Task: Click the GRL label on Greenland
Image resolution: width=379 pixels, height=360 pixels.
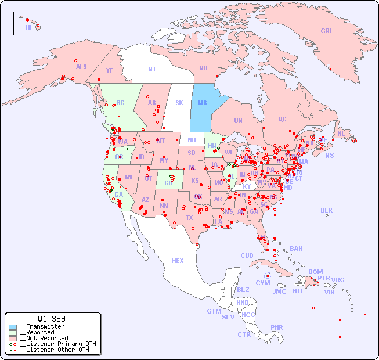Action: tap(327, 31)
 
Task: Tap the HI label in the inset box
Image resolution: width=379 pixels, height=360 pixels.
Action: tap(28, 27)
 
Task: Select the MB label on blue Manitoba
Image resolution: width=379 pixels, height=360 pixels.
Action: tap(203, 103)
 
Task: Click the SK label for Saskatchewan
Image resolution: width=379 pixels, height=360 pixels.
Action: tap(179, 103)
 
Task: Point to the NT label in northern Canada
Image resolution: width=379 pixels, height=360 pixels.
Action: tap(151, 69)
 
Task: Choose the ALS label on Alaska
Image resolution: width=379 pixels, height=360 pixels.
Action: tap(81, 67)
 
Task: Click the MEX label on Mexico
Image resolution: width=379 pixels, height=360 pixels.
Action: tap(178, 261)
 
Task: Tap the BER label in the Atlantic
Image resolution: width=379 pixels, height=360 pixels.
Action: tap(327, 210)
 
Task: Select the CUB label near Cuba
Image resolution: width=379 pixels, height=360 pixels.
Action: tap(247, 255)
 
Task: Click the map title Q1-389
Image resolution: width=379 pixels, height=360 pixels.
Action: tap(51, 319)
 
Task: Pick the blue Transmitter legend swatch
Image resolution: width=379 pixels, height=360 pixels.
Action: tap(13, 326)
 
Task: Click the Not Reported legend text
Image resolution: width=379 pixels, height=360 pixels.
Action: tap(44, 338)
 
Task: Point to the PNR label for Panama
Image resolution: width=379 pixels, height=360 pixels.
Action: tap(277, 327)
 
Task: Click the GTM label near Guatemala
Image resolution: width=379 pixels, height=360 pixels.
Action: tap(214, 311)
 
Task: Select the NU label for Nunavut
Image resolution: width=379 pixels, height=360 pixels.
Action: tap(203, 68)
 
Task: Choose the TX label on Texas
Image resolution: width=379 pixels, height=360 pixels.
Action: tap(189, 218)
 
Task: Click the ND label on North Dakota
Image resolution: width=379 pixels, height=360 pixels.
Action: tap(192, 140)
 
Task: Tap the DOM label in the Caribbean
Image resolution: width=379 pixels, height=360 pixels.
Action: tap(315, 272)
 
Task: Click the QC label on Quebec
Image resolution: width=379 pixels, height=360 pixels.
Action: tap(282, 119)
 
